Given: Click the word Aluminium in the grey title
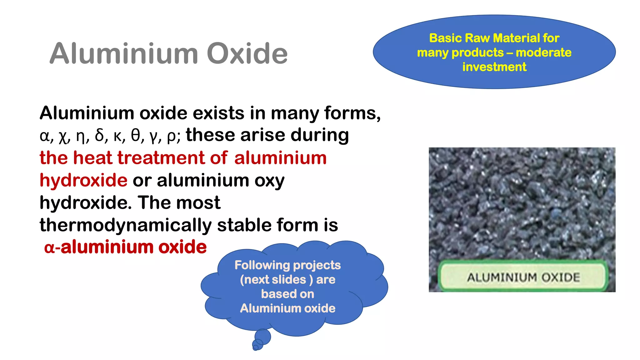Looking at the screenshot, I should coord(124,54).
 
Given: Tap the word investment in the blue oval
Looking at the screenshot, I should coord(494,67).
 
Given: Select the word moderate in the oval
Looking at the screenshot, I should coord(543,52).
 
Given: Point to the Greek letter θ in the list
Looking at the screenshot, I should coord(136,136).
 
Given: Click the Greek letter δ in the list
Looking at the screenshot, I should coord(100,136).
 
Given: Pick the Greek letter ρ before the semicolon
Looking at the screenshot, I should coord(172,136).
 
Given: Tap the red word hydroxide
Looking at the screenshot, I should coord(83,181).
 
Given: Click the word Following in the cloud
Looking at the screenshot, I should coord(262,265).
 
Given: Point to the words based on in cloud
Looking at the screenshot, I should coord(287,294).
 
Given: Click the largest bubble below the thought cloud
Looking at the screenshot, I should coord(262,337).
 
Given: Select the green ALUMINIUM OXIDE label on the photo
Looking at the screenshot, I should coord(523,277).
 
